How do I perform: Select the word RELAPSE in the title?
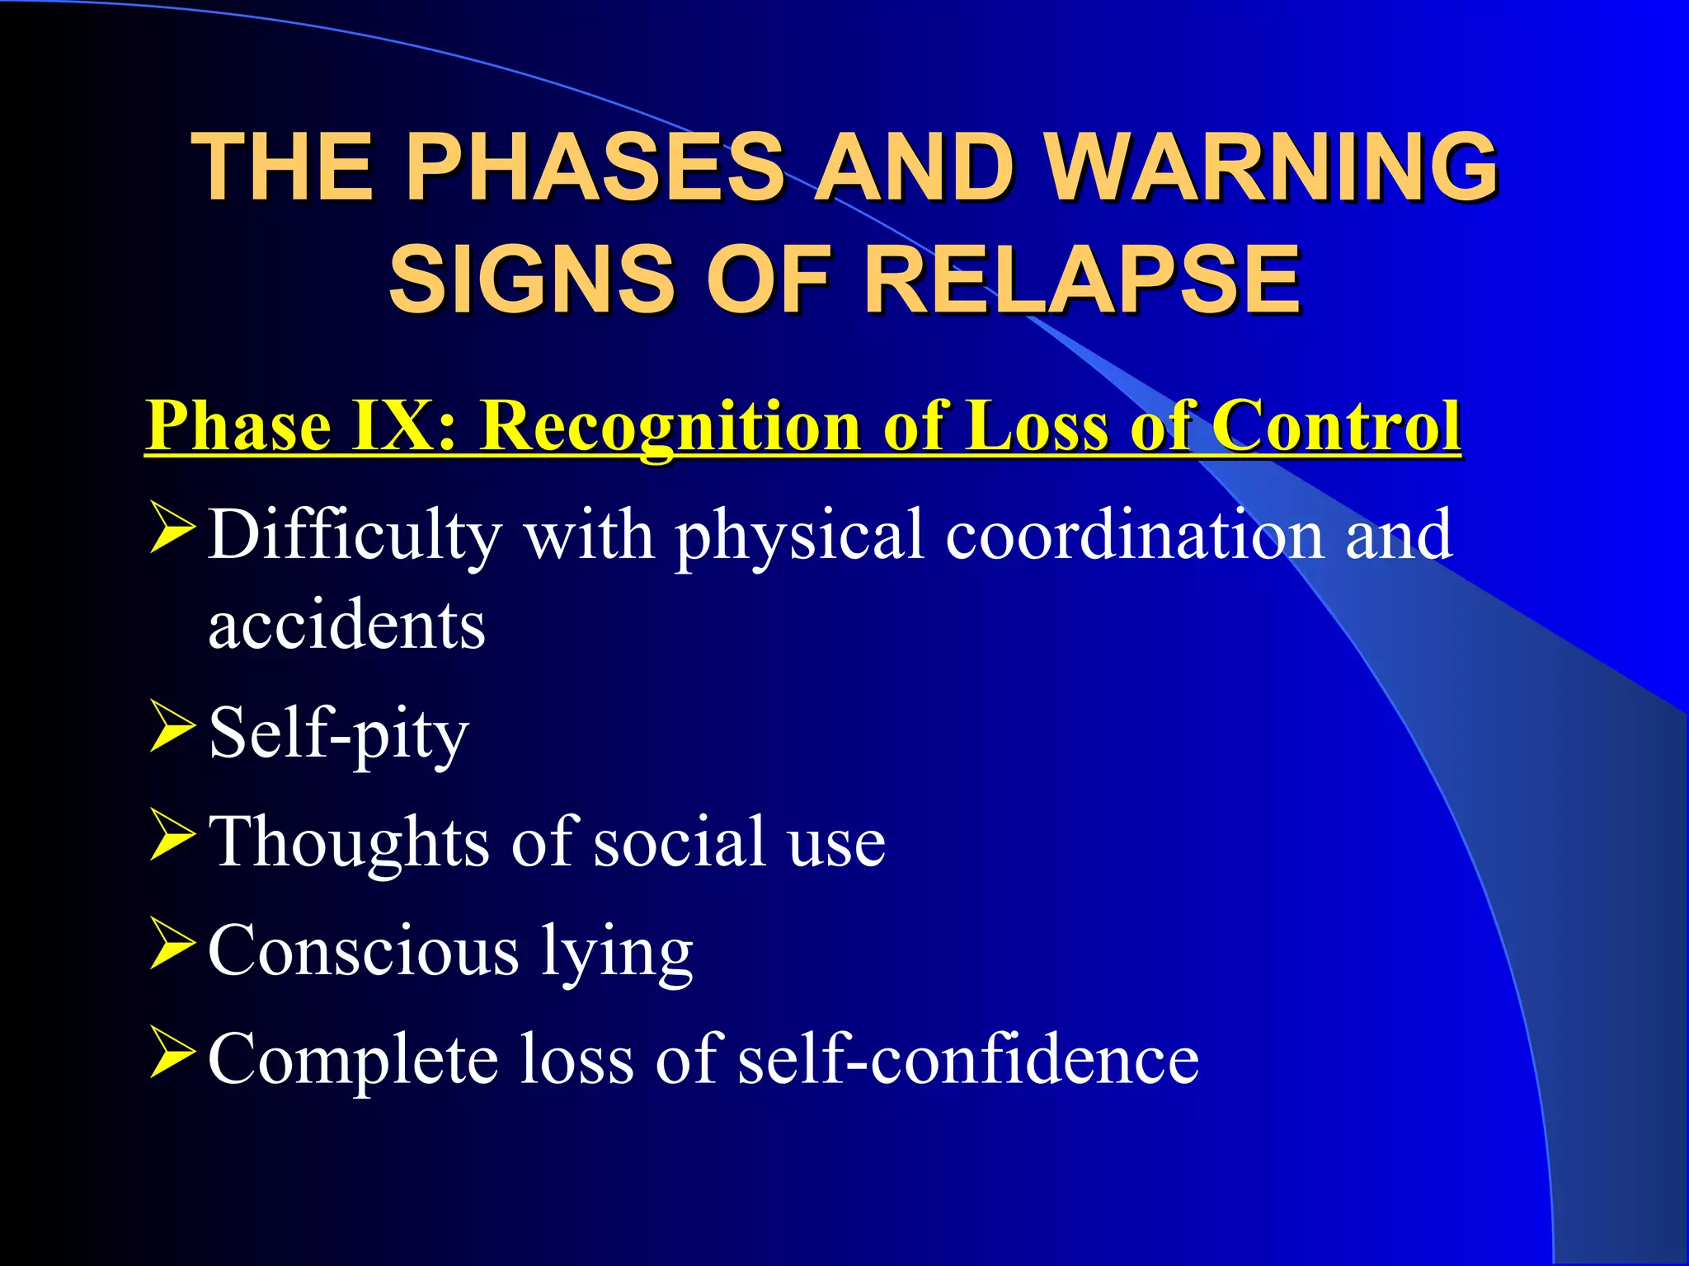[x=1081, y=280]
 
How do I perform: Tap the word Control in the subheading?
[x=1336, y=426]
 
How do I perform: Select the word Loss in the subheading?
[x=1038, y=426]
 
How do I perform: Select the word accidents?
[x=346, y=626]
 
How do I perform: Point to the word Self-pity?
[x=339, y=734]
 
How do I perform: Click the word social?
[x=680, y=842]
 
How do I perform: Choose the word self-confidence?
[x=968, y=1060]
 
